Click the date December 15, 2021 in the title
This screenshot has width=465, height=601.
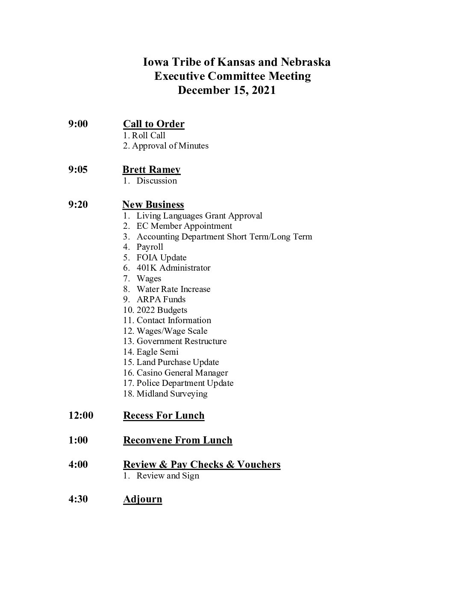point(227,90)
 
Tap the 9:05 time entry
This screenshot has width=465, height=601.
point(78,169)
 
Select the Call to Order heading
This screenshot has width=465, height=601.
point(154,124)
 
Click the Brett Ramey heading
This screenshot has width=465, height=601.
point(151,170)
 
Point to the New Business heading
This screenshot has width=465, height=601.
point(153,205)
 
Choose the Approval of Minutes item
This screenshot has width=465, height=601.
point(170,146)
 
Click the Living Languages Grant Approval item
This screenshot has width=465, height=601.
point(199,216)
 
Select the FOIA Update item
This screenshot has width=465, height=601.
point(161,257)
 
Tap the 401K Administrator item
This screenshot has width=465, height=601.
point(173,268)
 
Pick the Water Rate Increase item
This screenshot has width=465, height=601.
point(173,289)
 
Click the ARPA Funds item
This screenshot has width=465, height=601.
point(161,299)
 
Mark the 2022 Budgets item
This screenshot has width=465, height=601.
point(162,310)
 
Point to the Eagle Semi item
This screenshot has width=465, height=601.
point(157,352)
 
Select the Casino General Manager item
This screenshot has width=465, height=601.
point(182,373)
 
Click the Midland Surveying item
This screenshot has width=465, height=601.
point(172,394)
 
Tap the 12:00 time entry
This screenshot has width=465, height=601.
point(81,415)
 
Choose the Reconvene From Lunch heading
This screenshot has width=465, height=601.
point(178,440)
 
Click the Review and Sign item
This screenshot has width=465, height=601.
point(168,476)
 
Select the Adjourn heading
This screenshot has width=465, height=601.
point(143,499)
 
